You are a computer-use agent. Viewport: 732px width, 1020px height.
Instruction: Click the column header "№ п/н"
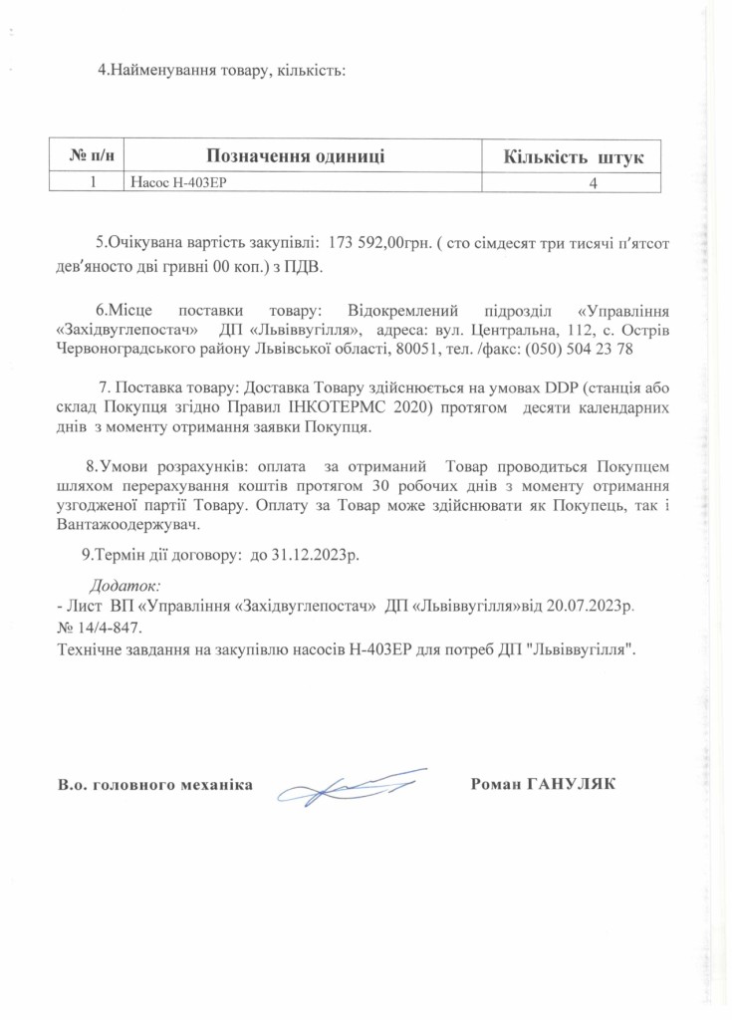[91, 155]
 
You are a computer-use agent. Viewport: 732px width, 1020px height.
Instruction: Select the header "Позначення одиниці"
[295, 155]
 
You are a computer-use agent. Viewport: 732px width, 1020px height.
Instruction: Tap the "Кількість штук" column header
[573, 156]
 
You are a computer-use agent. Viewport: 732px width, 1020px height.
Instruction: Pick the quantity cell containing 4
[594, 183]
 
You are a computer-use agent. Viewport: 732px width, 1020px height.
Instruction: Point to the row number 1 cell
[92, 182]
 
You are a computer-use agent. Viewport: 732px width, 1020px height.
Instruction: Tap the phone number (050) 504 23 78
[586, 350]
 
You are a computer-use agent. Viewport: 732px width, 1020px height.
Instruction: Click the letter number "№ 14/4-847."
[94, 628]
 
